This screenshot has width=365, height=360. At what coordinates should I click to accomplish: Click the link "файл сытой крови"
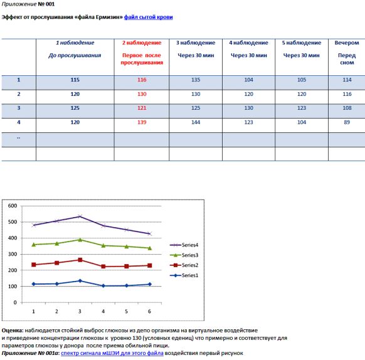click(148, 17)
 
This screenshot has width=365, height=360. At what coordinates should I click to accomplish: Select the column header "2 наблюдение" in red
click(142, 43)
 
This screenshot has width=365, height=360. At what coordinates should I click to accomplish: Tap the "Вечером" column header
click(347, 43)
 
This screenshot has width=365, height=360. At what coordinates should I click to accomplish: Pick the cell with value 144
click(196, 122)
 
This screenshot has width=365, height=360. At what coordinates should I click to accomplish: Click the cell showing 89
click(347, 122)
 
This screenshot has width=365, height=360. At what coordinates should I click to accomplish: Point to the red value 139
click(142, 122)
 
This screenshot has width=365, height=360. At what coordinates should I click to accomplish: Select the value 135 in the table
click(196, 80)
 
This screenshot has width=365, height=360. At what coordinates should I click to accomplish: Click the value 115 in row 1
click(75, 80)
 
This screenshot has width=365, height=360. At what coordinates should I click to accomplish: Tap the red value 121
click(142, 108)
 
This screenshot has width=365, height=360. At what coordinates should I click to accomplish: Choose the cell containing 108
click(347, 108)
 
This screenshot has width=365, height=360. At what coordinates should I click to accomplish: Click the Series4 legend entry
click(184, 245)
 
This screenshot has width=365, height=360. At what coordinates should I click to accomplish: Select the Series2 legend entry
click(184, 265)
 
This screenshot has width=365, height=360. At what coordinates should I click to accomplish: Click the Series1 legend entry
click(184, 275)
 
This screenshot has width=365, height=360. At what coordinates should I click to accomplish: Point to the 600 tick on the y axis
click(13, 206)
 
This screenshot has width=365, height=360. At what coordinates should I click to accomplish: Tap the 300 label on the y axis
click(13, 254)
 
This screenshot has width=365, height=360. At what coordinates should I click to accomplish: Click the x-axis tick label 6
click(149, 311)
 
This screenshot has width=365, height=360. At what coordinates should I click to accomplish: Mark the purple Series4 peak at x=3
click(80, 216)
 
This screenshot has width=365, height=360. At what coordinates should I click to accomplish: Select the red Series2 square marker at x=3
click(80, 260)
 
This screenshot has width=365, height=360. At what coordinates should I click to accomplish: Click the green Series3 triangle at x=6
click(150, 248)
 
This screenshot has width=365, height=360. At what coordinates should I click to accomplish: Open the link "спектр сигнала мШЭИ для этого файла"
click(112, 353)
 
